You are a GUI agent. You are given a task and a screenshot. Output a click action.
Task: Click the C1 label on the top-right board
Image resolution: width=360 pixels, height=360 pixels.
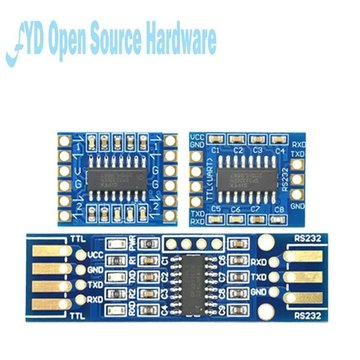click(x=215, y=150)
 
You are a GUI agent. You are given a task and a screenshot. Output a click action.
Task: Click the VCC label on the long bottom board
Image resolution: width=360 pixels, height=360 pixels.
click(x=95, y=254)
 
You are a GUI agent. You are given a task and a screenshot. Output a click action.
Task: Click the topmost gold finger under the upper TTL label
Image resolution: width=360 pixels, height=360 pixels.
click(x=50, y=251)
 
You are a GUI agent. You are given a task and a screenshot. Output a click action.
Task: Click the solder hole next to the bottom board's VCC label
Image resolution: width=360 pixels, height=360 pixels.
click(x=81, y=255)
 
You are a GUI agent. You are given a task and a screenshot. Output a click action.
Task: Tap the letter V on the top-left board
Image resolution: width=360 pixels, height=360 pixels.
click(x=78, y=171)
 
